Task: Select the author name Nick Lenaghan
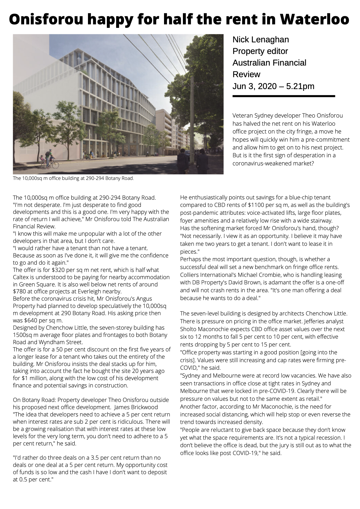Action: point(260,39)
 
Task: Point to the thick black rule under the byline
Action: point(284,96)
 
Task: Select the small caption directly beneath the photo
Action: point(73,178)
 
